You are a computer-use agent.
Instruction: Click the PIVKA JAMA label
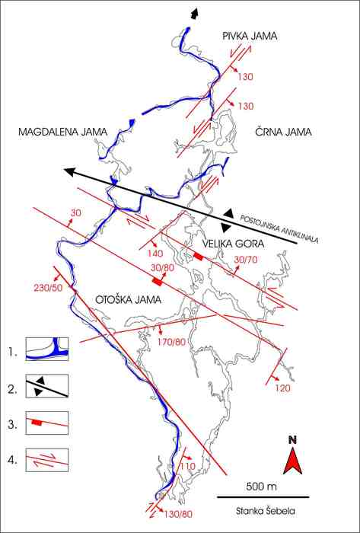pyautogui.click(x=250, y=37)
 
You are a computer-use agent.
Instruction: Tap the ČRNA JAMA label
pyautogui.click(x=282, y=132)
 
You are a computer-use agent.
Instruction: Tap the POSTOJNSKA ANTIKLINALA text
pyautogui.click(x=279, y=229)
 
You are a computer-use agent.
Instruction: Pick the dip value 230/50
pyautogui.click(x=48, y=288)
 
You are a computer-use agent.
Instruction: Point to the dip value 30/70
pyautogui.click(x=246, y=260)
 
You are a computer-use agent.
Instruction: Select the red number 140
pyautogui.click(x=155, y=254)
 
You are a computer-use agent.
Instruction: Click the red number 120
pyautogui.click(x=282, y=388)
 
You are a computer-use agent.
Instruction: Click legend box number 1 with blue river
pyautogui.click(x=47, y=349)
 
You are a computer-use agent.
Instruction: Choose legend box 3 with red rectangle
pyautogui.click(x=47, y=423)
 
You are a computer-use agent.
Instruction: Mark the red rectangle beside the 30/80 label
pyautogui.click(x=157, y=281)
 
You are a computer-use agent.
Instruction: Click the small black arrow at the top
pyautogui.click(x=193, y=14)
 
